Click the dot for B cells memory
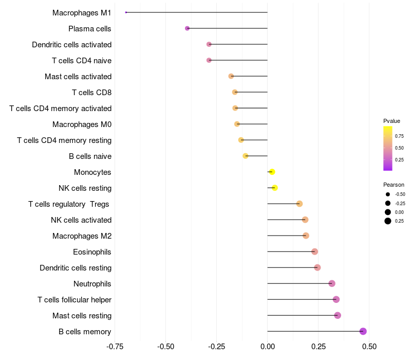click(x=363, y=331)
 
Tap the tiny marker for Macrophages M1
click(x=126, y=12)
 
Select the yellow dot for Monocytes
click(x=272, y=172)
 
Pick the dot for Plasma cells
click(x=187, y=28)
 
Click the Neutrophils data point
click(x=332, y=283)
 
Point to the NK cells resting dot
click(x=275, y=188)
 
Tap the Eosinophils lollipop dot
click(x=314, y=251)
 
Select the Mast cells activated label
click(x=78, y=77)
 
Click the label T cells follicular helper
click(x=74, y=299)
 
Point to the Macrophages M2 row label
click(x=82, y=236)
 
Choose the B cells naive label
click(x=90, y=156)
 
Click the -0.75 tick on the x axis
click(x=115, y=346)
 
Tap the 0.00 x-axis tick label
click(x=268, y=346)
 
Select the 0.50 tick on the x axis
click(x=369, y=346)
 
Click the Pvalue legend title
click(x=391, y=121)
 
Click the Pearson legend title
click(x=394, y=185)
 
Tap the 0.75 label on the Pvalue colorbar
click(x=399, y=136)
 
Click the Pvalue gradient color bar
click(x=387, y=148)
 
